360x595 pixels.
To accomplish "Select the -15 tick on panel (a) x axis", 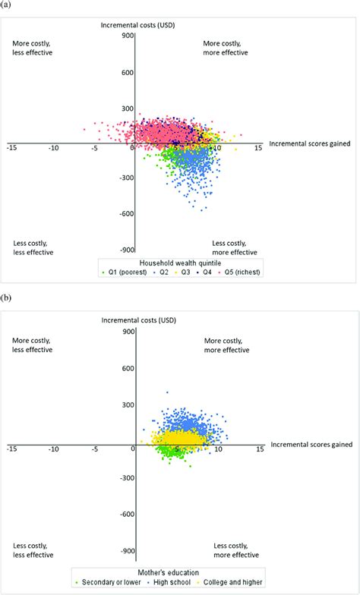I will (11, 149).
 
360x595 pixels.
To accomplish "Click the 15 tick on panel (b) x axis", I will (259, 449).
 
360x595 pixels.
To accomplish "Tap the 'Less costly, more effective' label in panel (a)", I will (234, 247).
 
